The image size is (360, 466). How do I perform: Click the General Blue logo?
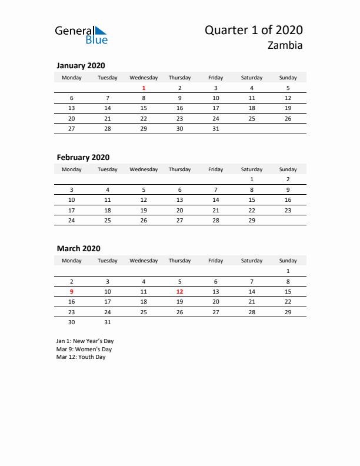coord(81,35)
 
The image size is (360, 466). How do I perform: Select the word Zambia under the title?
coord(285,46)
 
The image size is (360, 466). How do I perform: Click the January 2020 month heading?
coord(81,66)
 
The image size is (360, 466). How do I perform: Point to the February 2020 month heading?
coord(83,158)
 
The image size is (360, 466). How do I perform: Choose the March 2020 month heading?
coord(79,249)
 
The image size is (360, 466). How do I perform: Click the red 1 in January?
coord(144,88)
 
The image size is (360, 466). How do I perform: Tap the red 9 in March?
coord(72,292)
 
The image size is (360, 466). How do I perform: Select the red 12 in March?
coord(179,292)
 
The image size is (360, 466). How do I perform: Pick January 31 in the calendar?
coord(216,128)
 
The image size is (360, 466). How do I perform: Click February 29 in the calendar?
coord(252,220)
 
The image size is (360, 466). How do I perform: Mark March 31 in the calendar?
coord(108,322)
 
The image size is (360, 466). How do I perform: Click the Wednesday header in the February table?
coord(144,169)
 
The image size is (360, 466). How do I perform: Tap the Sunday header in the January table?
coord(288,78)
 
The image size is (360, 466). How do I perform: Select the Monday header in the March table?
coord(72,261)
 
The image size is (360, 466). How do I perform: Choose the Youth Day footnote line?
coord(81,357)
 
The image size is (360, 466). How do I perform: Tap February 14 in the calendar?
coord(216,200)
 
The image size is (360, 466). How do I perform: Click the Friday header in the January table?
coord(216,78)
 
